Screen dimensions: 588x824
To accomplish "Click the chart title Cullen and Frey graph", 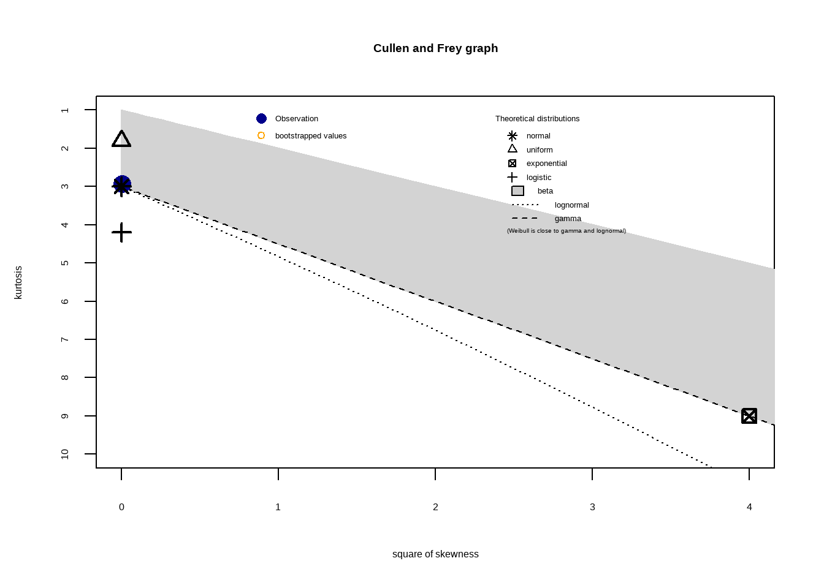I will tap(435, 48).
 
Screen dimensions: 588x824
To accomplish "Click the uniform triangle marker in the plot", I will tap(121, 140).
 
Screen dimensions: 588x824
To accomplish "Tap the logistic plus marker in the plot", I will tap(121, 232).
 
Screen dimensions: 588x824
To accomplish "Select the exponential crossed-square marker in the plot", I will tap(749, 416).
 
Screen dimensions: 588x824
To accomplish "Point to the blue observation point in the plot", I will tap(122, 184).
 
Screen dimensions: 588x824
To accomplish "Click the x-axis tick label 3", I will tap(592, 507).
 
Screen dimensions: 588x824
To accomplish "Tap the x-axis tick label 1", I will tap(278, 507).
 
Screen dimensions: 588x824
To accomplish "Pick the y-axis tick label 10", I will tap(65, 454).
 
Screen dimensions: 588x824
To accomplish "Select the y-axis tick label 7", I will tap(65, 339).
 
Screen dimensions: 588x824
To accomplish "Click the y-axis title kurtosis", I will tap(18, 282).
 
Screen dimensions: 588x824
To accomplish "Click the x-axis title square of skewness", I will tap(435, 554).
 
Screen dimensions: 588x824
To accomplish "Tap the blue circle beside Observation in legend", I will tap(261, 119).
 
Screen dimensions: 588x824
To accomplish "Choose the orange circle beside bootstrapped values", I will tap(261, 135).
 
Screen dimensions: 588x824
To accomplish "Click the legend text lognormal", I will tap(571, 205).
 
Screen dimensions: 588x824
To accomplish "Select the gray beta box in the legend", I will tap(517, 191).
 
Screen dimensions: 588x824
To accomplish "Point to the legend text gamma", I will tap(568, 219).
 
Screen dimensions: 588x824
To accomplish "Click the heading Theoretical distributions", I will tap(537, 119).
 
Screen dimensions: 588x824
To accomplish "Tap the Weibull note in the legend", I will tap(566, 231).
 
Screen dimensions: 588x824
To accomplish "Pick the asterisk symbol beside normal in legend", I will tap(513, 136).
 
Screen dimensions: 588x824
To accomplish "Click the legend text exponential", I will tap(546, 164).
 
